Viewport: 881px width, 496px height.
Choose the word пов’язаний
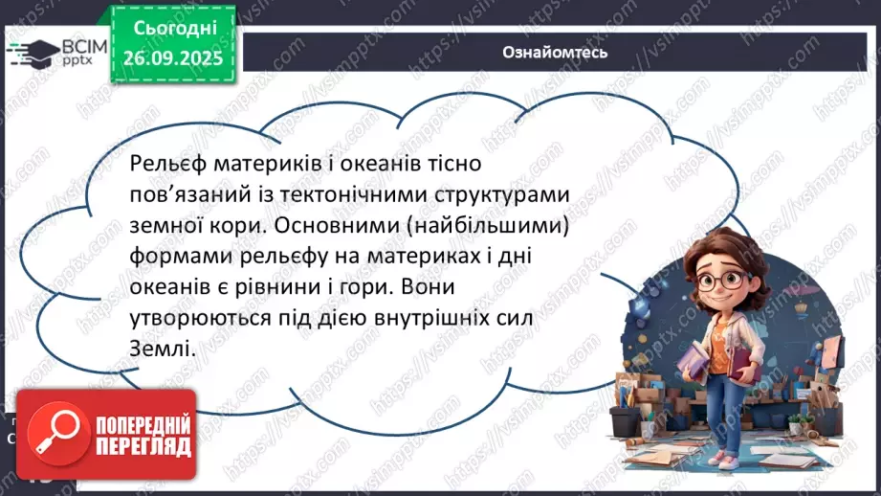pyautogui.click(x=185, y=194)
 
